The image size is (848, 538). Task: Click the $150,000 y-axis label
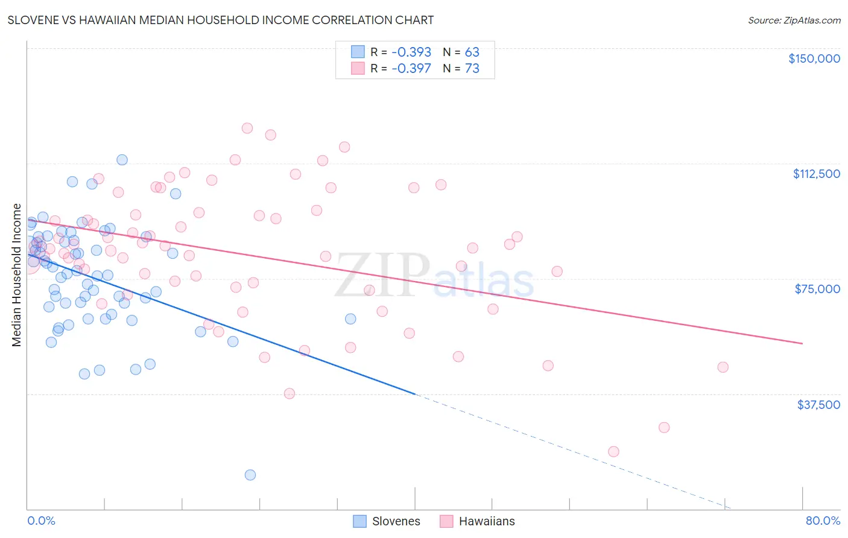click(x=814, y=59)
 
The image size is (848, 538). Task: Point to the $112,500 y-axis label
click(x=816, y=174)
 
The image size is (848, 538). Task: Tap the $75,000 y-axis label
click(x=817, y=289)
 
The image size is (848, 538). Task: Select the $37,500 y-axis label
click(x=818, y=404)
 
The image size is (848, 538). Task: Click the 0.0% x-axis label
click(x=41, y=521)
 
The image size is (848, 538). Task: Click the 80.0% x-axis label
click(x=823, y=521)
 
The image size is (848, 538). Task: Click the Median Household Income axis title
click(x=16, y=275)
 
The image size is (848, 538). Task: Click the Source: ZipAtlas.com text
click(x=794, y=21)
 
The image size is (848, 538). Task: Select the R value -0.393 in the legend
click(x=411, y=52)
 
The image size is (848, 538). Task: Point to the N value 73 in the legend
click(x=472, y=68)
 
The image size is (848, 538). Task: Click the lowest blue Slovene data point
click(x=250, y=475)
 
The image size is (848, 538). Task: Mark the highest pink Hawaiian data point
click(x=247, y=128)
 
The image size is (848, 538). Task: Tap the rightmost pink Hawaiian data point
click(x=723, y=367)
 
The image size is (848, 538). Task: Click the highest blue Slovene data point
click(x=122, y=160)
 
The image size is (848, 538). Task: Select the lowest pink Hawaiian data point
click(x=614, y=452)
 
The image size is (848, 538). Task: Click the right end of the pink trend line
click(x=802, y=343)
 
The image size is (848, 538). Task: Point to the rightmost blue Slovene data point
click(x=350, y=319)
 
